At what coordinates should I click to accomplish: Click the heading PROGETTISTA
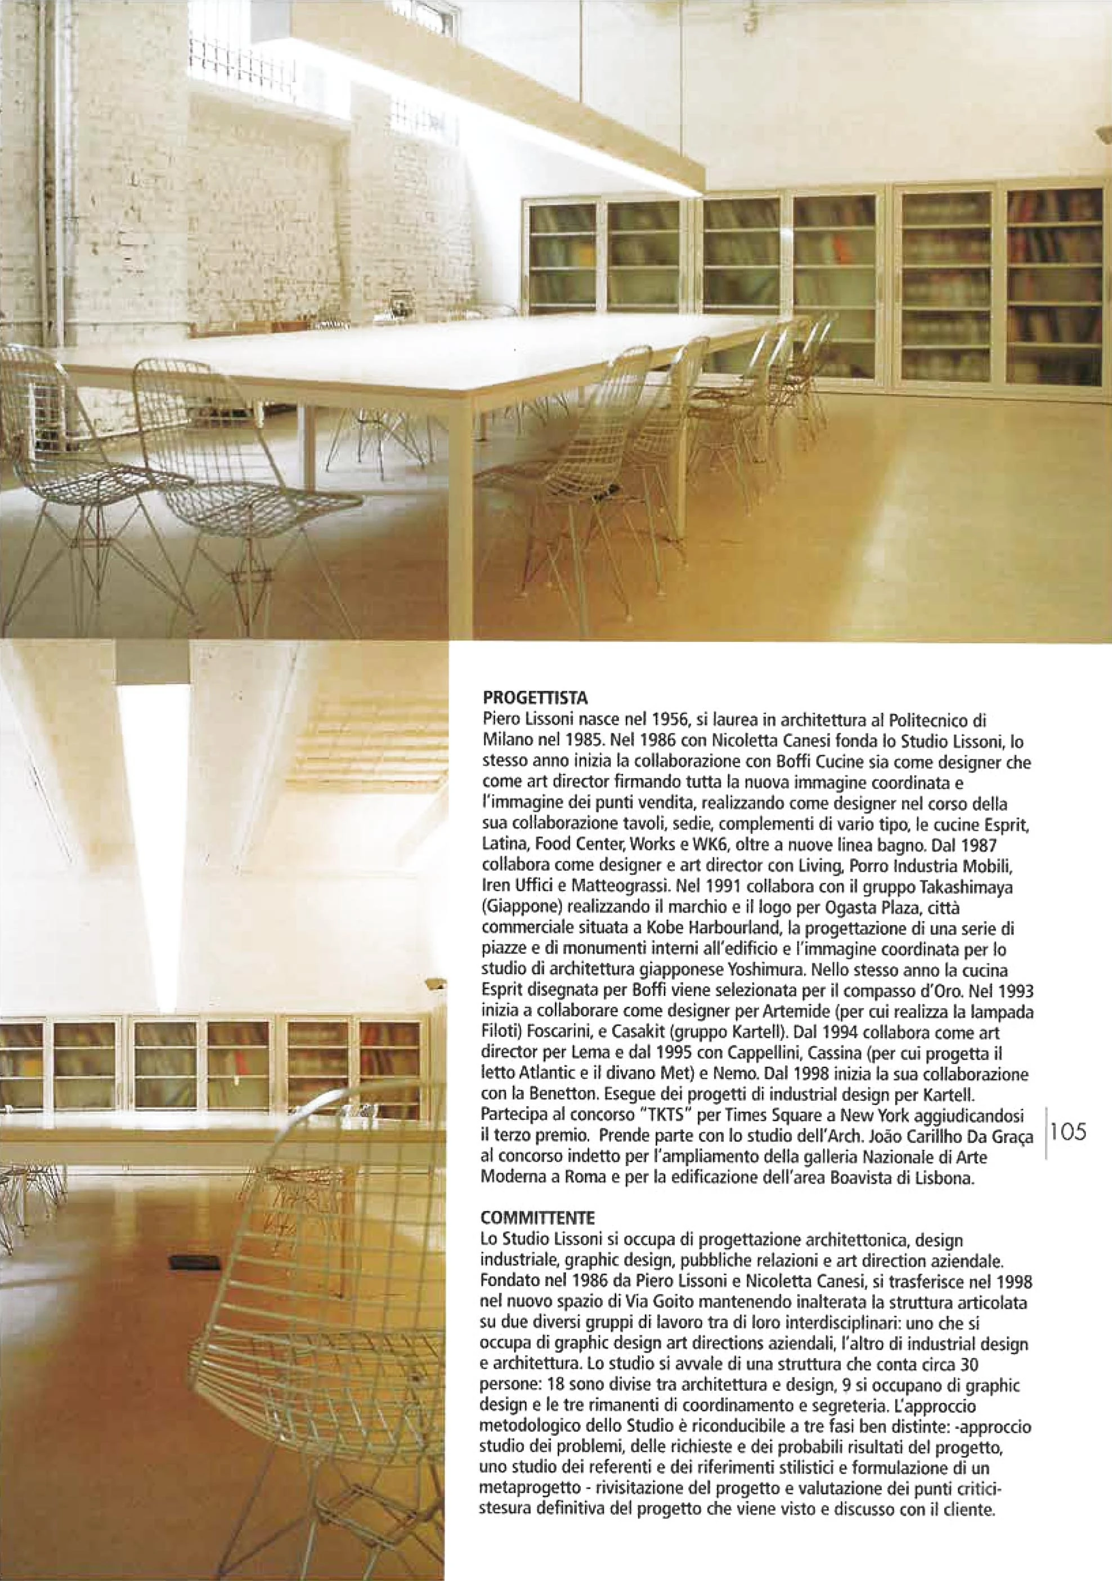(x=535, y=699)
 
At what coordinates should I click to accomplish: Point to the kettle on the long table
(x=401, y=302)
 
